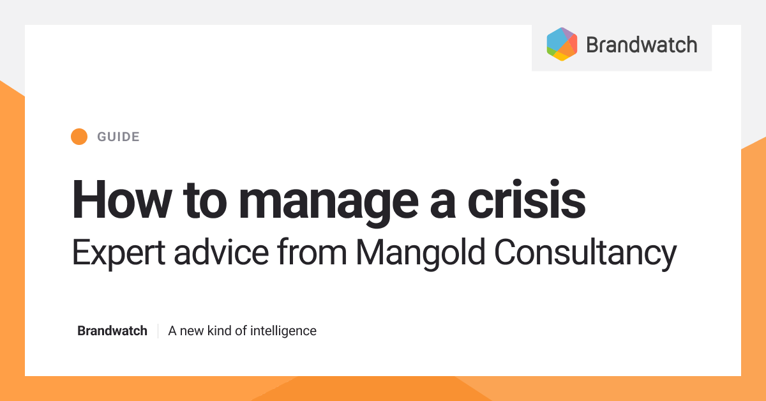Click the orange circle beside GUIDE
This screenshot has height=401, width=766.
tap(79, 137)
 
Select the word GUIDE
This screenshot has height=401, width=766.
tap(118, 137)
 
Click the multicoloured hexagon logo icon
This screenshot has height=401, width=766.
tap(562, 45)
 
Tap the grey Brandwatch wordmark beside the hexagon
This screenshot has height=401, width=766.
tap(641, 45)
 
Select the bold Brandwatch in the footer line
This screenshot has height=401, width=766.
tap(112, 331)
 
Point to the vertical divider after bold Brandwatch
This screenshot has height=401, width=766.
tap(158, 331)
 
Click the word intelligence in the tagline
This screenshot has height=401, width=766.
tap(283, 331)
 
